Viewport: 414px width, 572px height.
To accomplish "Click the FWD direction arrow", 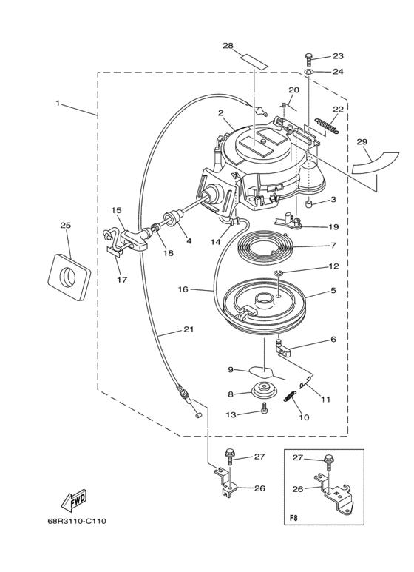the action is pyautogui.click(x=73, y=499).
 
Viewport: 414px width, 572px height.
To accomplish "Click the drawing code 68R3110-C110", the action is pyautogui.click(x=77, y=521).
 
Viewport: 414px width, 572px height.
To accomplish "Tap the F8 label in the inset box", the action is pyautogui.click(x=293, y=518).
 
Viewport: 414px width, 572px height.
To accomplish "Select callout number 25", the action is pyautogui.click(x=66, y=226).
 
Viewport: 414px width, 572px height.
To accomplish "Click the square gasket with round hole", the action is pyautogui.click(x=69, y=277).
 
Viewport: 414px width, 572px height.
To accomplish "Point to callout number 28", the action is pyautogui.click(x=228, y=46).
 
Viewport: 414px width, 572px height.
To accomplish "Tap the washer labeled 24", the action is pyautogui.click(x=309, y=71).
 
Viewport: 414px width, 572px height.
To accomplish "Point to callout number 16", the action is pyautogui.click(x=183, y=289).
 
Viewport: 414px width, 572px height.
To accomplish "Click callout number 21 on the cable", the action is pyautogui.click(x=188, y=329).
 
